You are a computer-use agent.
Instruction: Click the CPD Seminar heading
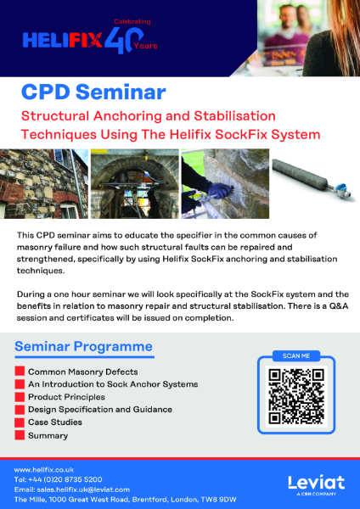pyautogui.click(x=93, y=91)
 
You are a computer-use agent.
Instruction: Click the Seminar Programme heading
pyautogui.click(x=84, y=346)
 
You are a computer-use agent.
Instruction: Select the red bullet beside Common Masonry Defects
pyautogui.click(x=20, y=372)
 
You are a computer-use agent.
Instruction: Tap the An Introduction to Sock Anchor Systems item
pyautogui.click(x=106, y=384)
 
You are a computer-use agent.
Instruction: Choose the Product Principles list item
pyautogui.click(x=66, y=397)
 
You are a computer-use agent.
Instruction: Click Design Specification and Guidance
pyautogui.click(x=99, y=410)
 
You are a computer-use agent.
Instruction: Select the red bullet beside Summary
pyautogui.click(x=20, y=435)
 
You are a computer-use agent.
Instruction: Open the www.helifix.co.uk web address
pyautogui.click(x=44, y=469)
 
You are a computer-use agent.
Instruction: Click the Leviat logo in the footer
pyautogui.click(x=316, y=484)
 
